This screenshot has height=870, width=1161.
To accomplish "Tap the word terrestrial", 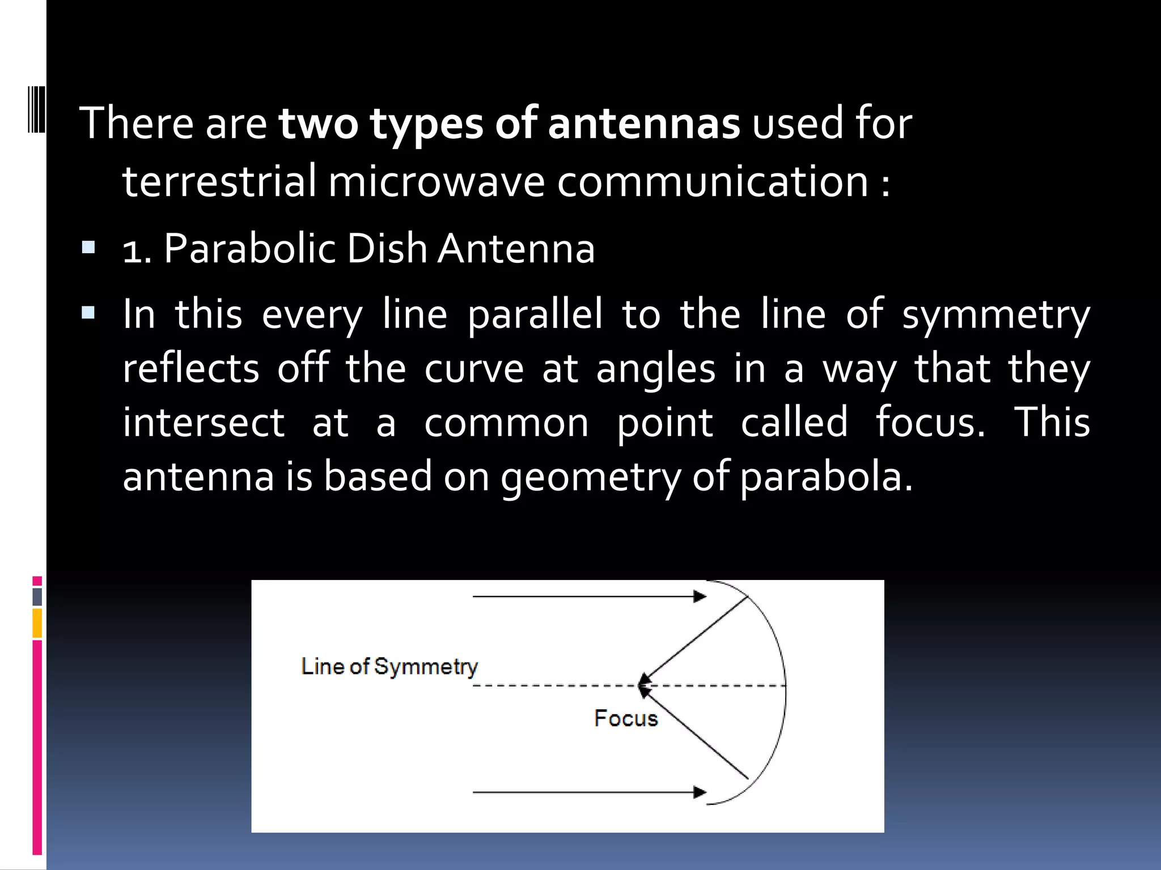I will coord(219,182).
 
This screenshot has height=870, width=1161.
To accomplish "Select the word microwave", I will coord(436,182).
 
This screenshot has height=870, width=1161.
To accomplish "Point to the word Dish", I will coord(387,249).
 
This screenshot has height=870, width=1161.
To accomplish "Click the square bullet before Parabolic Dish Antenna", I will coord(88,248).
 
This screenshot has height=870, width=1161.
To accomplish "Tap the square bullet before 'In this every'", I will coord(88,313).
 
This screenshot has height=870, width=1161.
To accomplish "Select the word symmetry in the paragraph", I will coord(995,315).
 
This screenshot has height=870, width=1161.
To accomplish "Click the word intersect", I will coord(204,423).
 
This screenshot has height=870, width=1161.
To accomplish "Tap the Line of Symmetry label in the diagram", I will coord(389,667).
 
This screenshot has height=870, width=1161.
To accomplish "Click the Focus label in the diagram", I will coord(626,718).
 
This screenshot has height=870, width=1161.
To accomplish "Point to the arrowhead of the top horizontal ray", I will coord(700,596).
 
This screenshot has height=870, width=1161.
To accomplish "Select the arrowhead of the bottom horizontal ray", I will coord(700,792).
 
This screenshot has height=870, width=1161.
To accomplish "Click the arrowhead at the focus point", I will coord(643,684).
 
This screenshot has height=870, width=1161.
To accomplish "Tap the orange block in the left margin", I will coord(37,623).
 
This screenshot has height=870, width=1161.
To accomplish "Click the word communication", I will coord(713,182).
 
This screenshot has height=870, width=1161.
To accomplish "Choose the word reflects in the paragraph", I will coord(191,369).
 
